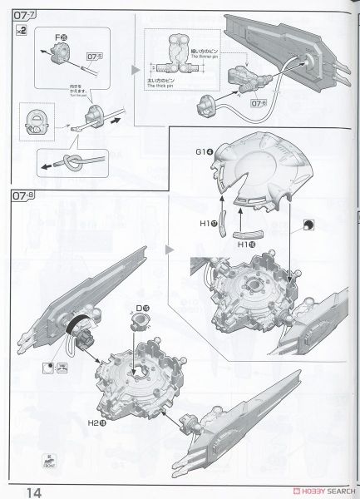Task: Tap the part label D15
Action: (x=142, y=309)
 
